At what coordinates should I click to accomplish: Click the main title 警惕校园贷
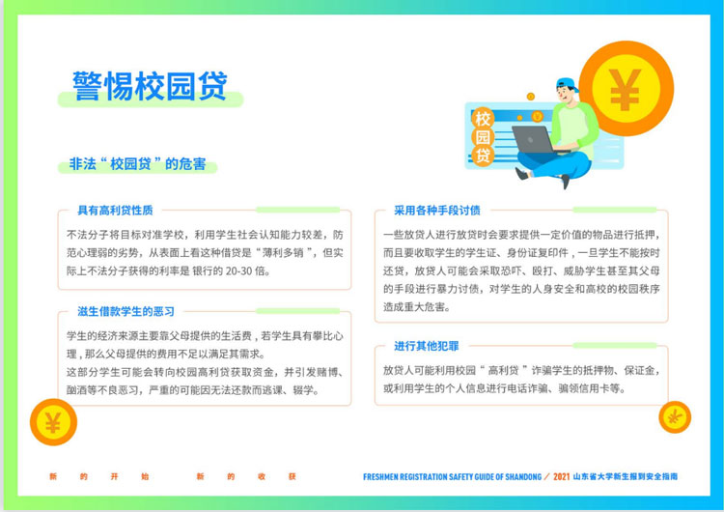tap(150, 85)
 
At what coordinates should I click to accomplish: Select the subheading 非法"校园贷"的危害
tap(138, 163)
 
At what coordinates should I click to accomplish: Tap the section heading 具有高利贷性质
tap(115, 211)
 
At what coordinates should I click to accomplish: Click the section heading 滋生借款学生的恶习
tap(126, 311)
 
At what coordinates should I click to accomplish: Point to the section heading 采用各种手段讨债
tap(436, 211)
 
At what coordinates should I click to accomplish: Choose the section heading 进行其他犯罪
tap(426, 346)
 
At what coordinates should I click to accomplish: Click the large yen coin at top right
tap(627, 88)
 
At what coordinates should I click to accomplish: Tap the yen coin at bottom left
tap(53, 422)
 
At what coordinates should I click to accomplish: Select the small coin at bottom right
tap(675, 417)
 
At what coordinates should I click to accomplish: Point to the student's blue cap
tap(568, 85)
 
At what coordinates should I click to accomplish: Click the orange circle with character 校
tap(483, 118)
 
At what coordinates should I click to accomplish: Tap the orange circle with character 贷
tap(483, 156)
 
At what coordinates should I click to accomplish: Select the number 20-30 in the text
tap(238, 270)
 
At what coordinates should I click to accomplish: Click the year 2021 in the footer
tap(561, 476)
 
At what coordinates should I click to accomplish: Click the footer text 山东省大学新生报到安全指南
tap(626, 476)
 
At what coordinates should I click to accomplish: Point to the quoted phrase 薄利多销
tap(283, 253)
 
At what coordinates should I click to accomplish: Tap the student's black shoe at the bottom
tap(566, 182)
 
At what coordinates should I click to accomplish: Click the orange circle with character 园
tap(483, 137)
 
